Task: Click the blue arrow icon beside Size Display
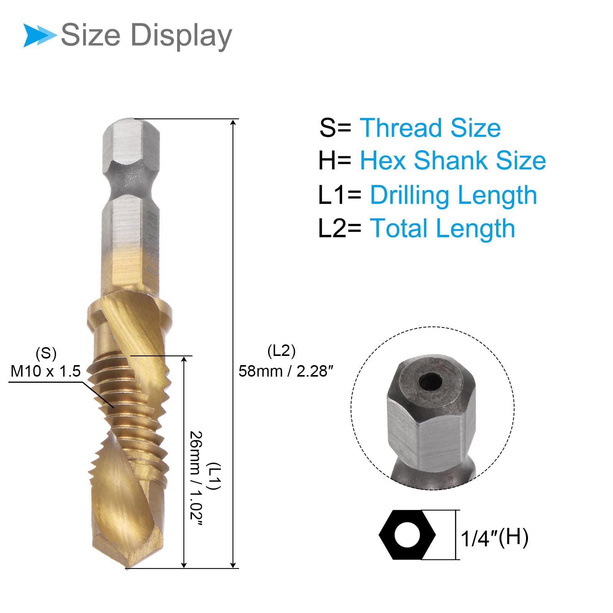click(x=39, y=36)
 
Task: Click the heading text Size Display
click(x=146, y=36)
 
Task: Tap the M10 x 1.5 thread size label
click(x=46, y=371)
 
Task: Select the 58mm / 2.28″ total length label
click(x=286, y=371)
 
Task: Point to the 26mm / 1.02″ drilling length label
click(x=196, y=479)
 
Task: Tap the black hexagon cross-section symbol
click(x=407, y=535)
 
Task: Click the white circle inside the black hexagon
click(x=407, y=535)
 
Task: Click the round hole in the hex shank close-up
click(x=431, y=381)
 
